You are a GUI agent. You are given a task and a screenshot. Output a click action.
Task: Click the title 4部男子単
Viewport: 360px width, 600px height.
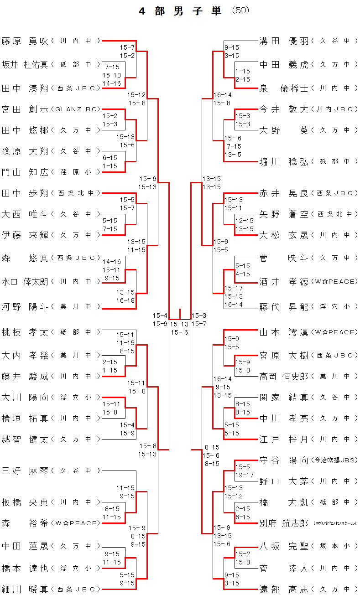180,11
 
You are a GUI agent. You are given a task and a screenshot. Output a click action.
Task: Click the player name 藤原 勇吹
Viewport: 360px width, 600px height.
25,41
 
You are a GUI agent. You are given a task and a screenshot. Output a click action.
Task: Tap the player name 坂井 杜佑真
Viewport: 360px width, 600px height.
25,65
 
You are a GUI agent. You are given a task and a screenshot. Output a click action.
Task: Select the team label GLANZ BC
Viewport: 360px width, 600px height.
76,109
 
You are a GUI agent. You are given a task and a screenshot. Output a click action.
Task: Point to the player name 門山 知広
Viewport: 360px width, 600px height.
25,172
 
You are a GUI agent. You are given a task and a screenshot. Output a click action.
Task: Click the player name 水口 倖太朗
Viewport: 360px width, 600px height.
25,282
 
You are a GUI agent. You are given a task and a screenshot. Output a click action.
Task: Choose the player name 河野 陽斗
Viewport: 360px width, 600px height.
25,307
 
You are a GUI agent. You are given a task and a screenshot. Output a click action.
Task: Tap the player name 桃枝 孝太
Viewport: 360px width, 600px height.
25,332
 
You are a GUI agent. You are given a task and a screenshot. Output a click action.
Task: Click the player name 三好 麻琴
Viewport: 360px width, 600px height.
25,471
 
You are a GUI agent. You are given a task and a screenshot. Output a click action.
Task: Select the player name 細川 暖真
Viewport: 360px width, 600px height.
25,590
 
